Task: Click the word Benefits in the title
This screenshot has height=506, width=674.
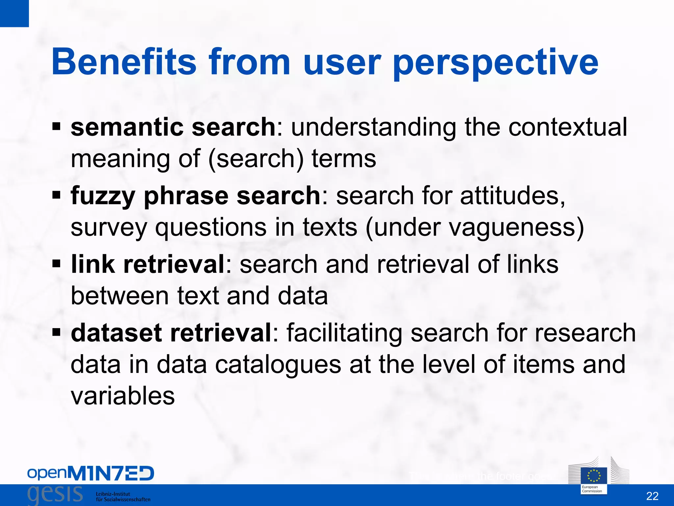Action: (x=124, y=62)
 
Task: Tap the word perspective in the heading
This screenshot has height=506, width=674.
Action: (x=495, y=63)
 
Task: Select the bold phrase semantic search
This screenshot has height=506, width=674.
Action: (x=173, y=127)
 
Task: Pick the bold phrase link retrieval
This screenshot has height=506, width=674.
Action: (x=148, y=264)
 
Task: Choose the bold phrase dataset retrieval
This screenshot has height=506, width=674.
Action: (x=171, y=333)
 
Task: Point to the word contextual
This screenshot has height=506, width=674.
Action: (x=568, y=127)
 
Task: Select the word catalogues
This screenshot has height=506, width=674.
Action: (x=278, y=364)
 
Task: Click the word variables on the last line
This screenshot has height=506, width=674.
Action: (x=123, y=396)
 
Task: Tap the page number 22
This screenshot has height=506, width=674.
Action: (x=652, y=496)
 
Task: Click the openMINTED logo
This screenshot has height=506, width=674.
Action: (x=91, y=473)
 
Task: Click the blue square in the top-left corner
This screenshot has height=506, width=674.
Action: (x=14, y=13)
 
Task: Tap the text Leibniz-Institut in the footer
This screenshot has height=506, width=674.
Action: (x=113, y=494)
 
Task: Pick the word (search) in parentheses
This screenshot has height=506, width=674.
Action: (x=256, y=159)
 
